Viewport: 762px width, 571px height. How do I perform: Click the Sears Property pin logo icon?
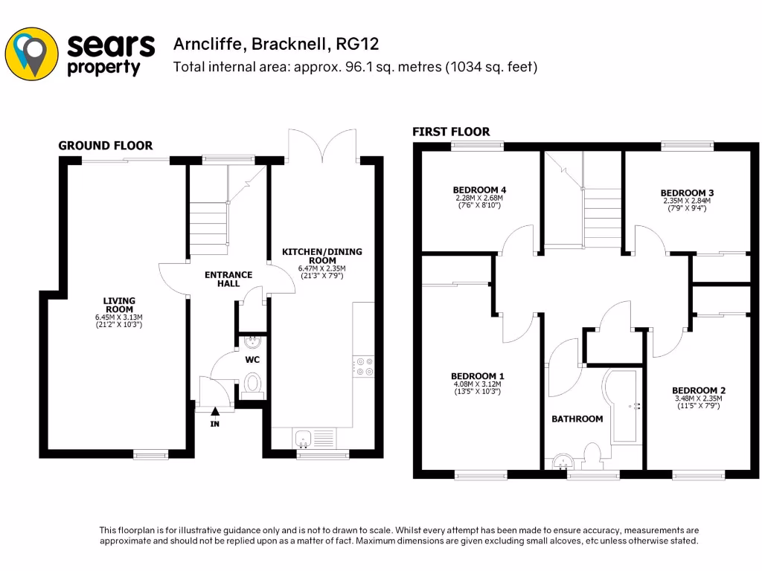pos(32,53)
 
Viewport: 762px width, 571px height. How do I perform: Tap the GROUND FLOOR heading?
pos(106,146)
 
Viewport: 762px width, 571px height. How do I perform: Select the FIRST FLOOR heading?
pos(451,132)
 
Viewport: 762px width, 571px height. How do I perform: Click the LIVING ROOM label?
pos(119,305)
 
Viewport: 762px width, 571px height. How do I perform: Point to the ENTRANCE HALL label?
pos(228,279)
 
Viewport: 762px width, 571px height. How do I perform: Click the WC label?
pos(252,360)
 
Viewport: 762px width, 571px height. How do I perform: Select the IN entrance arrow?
pos(216,410)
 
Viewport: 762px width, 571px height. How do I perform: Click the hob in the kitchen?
pos(365,364)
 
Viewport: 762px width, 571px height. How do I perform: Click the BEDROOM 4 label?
pos(479,190)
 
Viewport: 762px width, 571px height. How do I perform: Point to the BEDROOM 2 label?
pos(698,390)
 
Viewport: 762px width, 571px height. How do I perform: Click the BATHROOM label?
pos(577,419)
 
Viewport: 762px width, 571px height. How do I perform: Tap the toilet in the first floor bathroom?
pos(594,454)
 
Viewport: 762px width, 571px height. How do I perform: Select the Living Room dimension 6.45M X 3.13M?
pos(119,317)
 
